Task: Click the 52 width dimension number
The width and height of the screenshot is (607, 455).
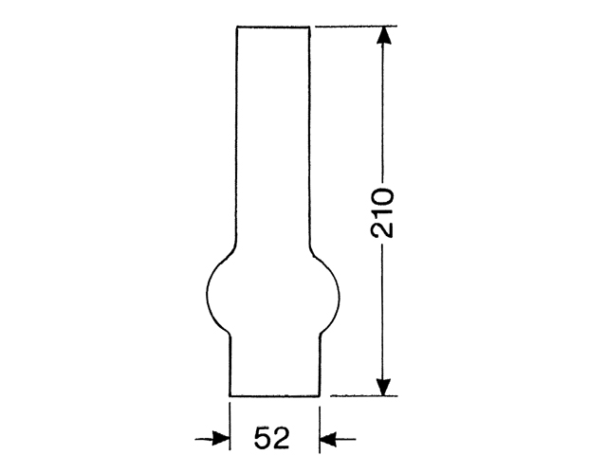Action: tap(272, 438)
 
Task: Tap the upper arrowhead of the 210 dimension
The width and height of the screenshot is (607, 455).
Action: tap(383, 36)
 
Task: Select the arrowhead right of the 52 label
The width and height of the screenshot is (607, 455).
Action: tap(327, 438)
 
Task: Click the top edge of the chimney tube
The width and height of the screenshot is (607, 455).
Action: tap(272, 27)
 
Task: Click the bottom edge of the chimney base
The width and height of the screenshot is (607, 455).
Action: tap(274, 395)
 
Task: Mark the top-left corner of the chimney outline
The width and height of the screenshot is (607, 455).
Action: tap(236, 27)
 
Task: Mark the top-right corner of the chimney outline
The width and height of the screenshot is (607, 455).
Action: tap(309, 27)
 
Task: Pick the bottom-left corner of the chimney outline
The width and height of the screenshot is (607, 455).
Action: tap(230, 395)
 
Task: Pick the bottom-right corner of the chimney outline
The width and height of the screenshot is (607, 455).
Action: tap(318, 395)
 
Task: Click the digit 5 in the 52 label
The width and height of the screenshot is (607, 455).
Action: tap(263, 438)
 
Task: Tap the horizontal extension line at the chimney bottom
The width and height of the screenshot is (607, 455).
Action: tap(360, 395)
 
